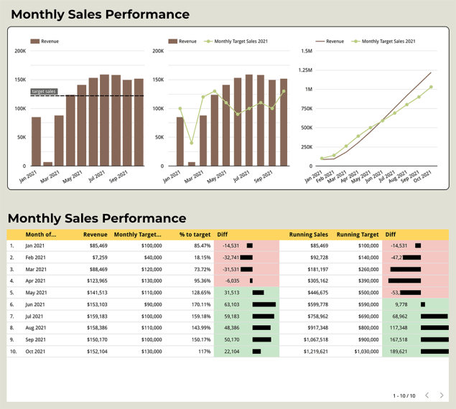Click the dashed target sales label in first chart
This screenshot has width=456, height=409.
click(44, 92)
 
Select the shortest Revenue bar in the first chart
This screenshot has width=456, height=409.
click(47, 164)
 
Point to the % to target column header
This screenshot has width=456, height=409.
click(195, 234)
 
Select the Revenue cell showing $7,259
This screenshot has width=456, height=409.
click(95, 257)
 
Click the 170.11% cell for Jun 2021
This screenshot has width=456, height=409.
click(198, 304)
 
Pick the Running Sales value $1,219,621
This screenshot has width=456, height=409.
click(312, 352)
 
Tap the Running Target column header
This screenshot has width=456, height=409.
click(358, 234)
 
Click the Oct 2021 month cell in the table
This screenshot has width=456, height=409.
click(36, 352)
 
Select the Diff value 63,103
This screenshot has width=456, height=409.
click(232, 304)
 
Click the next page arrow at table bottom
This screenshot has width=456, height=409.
click(442, 395)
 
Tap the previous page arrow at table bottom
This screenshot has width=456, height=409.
click(427, 395)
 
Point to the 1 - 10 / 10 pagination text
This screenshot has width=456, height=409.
click(404, 396)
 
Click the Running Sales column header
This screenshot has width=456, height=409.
click(309, 234)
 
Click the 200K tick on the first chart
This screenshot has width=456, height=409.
click(20, 51)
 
